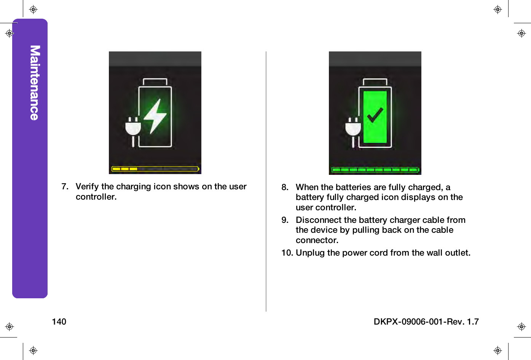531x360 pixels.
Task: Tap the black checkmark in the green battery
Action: pos(375,115)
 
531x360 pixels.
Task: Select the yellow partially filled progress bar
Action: pos(155,169)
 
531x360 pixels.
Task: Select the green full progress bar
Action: pos(375,170)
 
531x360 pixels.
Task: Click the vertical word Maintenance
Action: pos(35,83)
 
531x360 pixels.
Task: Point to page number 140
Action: pos(59,322)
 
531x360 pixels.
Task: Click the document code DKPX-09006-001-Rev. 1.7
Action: pos(426,322)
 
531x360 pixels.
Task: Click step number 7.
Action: pos(65,187)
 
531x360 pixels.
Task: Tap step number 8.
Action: pos(285,187)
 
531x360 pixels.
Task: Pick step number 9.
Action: pos(285,220)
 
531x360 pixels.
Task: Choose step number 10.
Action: pos(287,253)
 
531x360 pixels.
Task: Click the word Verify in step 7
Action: pos(87,187)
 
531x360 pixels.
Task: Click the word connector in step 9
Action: pos(317,240)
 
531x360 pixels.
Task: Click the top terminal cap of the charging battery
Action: pos(155,82)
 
